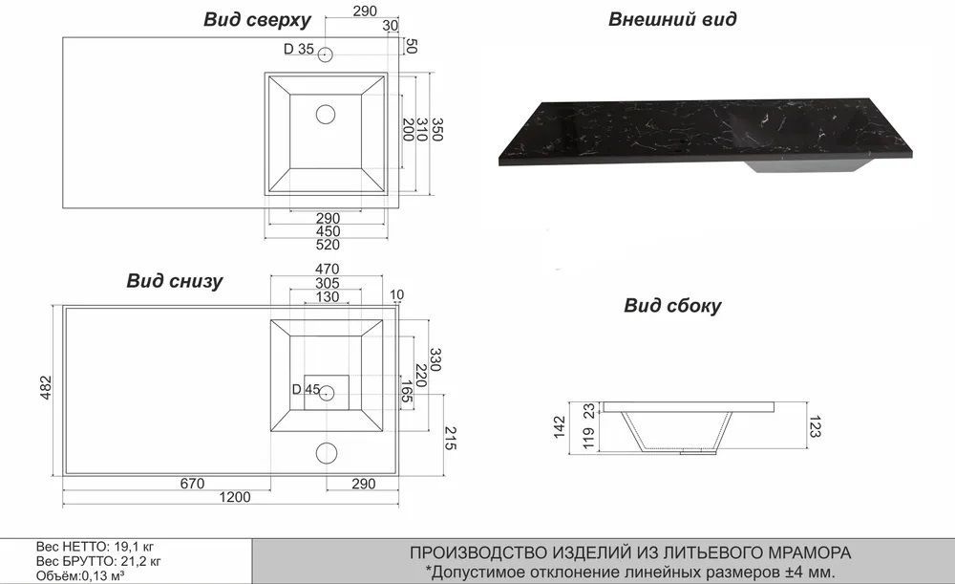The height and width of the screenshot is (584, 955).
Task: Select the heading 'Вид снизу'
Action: pyautogui.click(x=175, y=281)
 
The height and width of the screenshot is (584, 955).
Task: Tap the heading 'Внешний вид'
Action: pyautogui.click(x=671, y=19)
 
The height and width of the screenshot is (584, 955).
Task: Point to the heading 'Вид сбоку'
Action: pyautogui.click(x=672, y=306)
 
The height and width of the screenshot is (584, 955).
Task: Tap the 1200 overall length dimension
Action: pyautogui.click(x=235, y=497)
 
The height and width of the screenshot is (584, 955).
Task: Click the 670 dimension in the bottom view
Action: pyautogui.click(x=193, y=483)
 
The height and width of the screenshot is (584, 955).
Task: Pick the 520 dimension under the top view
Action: pyautogui.click(x=327, y=244)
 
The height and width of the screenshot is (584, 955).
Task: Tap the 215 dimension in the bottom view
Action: pyautogui.click(x=453, y=439)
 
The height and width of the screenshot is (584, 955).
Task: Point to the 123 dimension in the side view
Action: pyautogui.click(x=814, y=426)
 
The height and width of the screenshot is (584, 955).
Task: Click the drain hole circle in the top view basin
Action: pyautogui.click(x=326, y=116)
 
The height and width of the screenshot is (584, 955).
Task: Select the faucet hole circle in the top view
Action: pyautogui.click(x=327, y=54)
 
